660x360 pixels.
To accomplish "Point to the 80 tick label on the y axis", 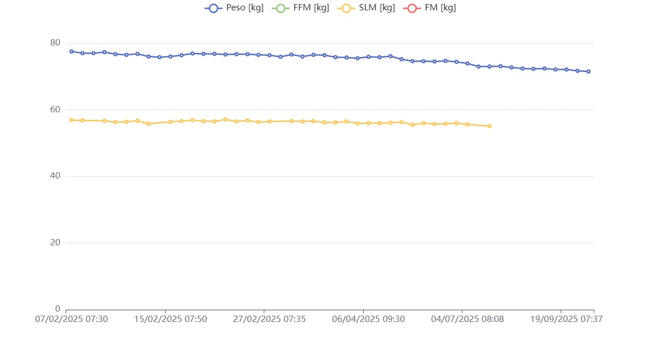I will pyautogui.click(x=55, y=43).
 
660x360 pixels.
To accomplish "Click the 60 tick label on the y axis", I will pyautogui.click(x=55, y=109).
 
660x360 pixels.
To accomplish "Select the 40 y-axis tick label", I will pyautogui.click(x=55, y=176).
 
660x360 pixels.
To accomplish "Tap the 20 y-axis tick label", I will pyautogui.click(x=55, y=242).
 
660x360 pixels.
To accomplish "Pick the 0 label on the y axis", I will pyautogui.click(x=58, y=309).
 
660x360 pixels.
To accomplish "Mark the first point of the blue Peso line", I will pyautogui.click(x=71, y=51).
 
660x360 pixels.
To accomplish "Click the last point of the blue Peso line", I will pyautogui.click(x=589, y=71).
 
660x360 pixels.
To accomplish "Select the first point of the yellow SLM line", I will pyautogui.click(x=71, y=120).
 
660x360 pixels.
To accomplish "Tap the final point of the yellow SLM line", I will pyautogui.click(x=489, y=126).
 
